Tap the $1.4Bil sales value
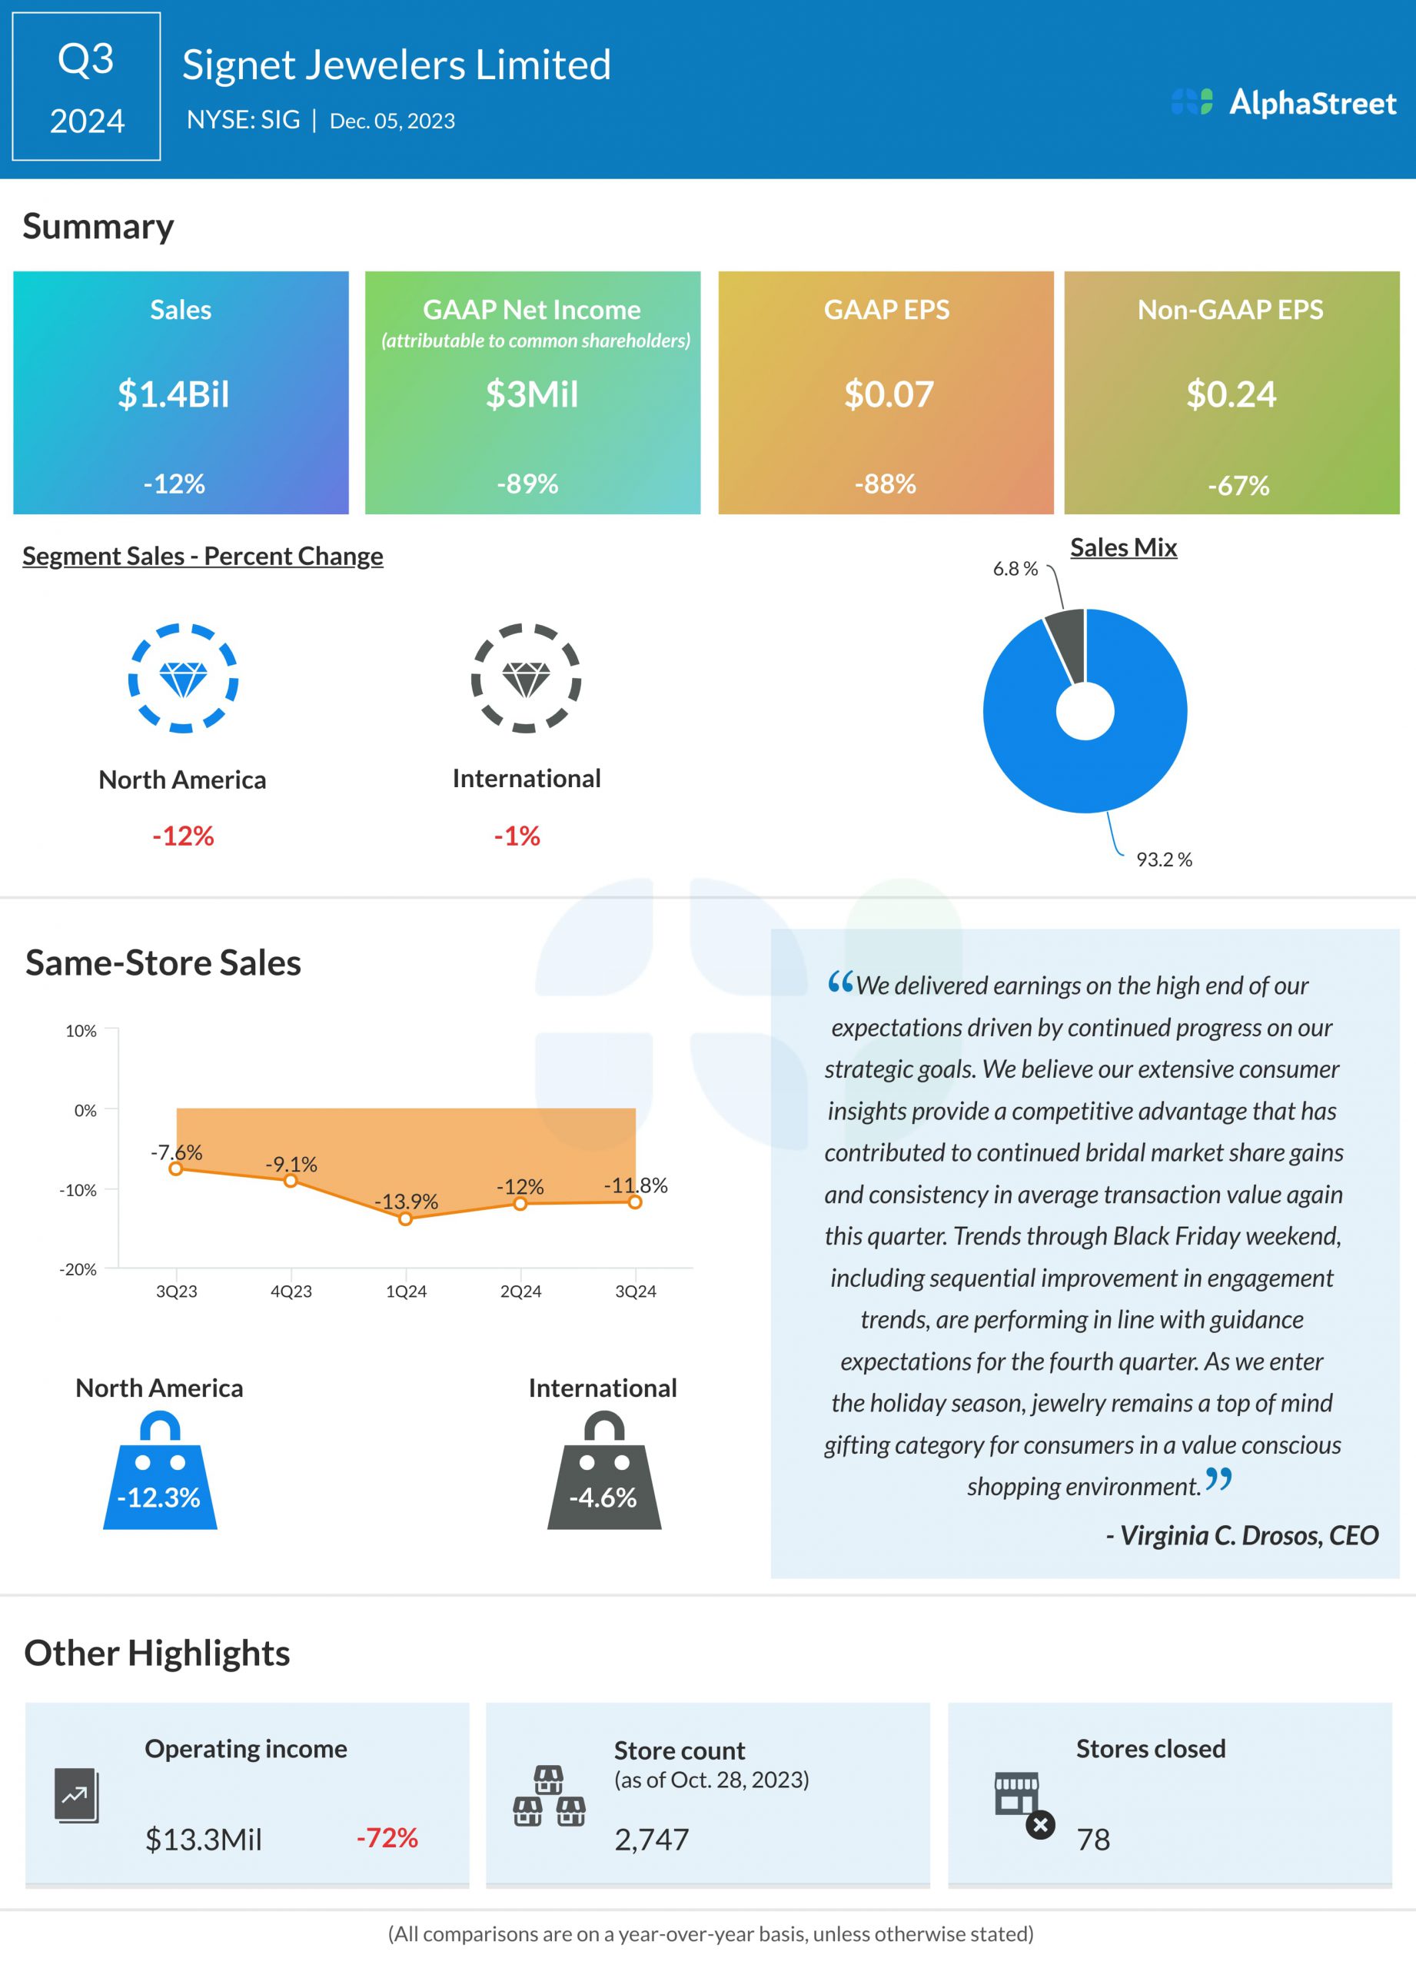pos(174,394)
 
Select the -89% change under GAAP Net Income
pos(527,484)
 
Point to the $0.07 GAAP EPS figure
pos(889,394)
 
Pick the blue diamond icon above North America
pos(183,678)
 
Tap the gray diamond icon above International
pos(526,678)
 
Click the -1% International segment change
pos(517,836)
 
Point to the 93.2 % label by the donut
pos(1164,859)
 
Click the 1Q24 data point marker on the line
pos(405,1218)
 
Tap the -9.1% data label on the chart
pos(291,1164)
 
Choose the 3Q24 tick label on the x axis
pos(635,1291)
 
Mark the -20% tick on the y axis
pos(78,1268)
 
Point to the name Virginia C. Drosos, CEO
pos(1241,1535)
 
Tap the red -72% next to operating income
pos(387,1837)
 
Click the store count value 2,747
pos(652,1839)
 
